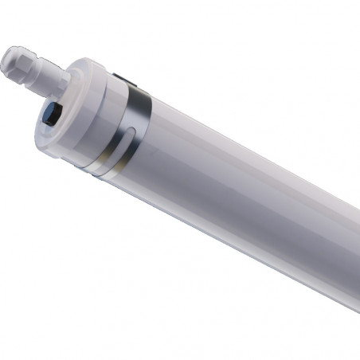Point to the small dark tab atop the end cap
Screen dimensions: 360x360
coord(116,77)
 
